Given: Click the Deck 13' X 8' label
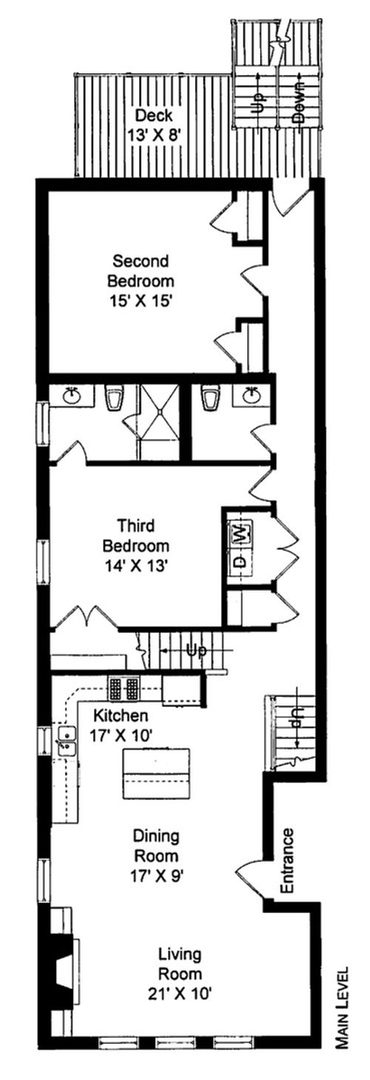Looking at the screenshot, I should tap(155, 126).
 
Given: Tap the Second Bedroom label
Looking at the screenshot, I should tap(141, 281).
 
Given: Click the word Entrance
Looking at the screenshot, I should tap(288, 859).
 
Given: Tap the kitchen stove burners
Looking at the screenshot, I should tap(124, 688).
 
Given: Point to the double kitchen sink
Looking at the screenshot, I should tap(67, 740).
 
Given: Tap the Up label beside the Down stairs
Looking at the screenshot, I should tap(259, 98).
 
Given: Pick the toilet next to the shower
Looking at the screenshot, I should tap(114, 398).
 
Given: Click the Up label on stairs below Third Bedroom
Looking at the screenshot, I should tap(195, 650).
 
